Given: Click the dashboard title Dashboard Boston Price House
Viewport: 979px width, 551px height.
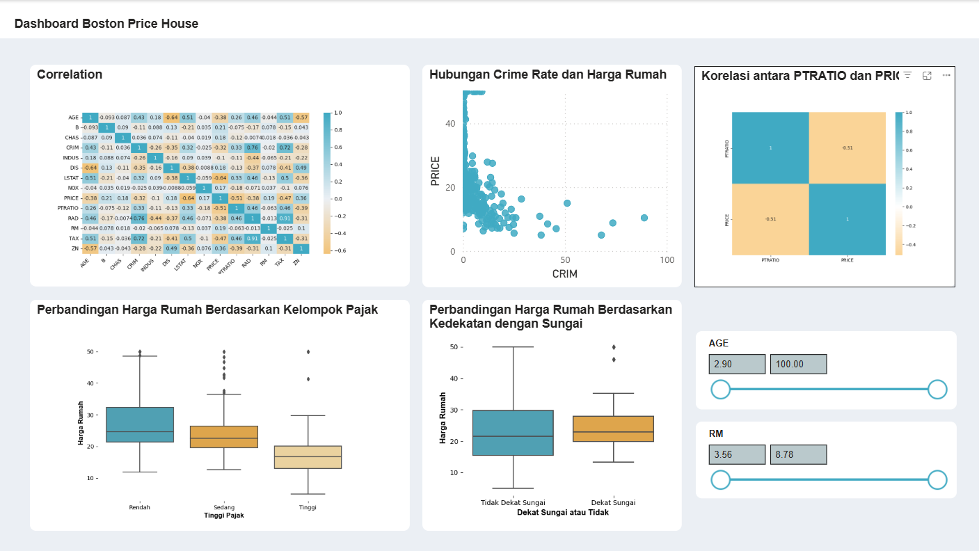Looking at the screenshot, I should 106,24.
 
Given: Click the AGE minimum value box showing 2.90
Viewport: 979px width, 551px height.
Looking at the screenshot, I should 736,364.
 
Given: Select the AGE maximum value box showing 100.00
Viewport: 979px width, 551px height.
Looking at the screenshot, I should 797,364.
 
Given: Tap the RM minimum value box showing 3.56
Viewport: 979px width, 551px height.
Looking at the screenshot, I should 736,454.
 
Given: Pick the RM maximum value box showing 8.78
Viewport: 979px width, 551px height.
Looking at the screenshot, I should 797,454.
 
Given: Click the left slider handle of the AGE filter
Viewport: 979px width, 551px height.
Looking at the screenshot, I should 720,390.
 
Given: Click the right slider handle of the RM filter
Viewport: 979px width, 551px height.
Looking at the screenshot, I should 938,480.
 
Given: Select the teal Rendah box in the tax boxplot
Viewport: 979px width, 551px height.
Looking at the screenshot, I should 140,424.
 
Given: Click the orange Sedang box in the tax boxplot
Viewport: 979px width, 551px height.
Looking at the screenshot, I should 224,437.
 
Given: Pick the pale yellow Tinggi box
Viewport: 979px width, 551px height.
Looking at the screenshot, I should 308,457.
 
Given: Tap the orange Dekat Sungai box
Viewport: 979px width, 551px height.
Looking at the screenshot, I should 613,429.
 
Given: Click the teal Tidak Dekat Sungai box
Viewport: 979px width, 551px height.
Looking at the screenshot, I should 513,433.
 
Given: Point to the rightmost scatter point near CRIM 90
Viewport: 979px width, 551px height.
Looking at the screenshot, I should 644,218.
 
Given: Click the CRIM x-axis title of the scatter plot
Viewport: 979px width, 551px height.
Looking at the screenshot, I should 564,274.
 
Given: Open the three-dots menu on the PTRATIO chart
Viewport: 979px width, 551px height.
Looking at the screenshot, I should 946,75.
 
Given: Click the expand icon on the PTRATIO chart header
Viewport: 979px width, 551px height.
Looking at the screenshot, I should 927,75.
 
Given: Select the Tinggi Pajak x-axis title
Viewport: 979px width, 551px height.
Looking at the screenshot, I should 223,516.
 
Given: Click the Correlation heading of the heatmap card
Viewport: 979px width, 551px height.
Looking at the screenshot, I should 70,74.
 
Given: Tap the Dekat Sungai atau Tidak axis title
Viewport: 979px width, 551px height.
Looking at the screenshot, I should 563,512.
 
